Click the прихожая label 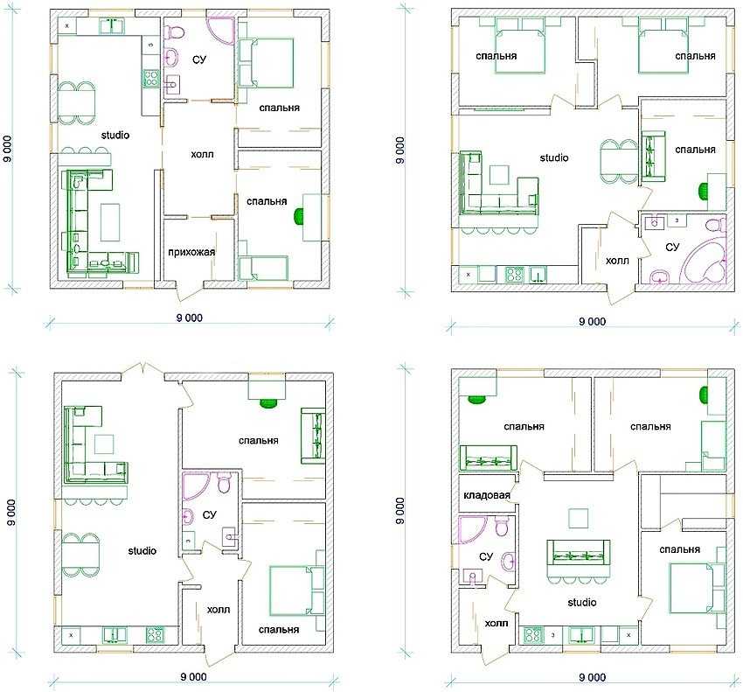191,252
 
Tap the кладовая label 487,495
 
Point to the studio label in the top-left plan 115,136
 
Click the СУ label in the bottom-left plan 209,514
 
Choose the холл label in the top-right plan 617,261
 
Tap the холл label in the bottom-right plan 496,623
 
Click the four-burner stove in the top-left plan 150,78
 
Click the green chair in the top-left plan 299,217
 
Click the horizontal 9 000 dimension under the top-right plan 593,322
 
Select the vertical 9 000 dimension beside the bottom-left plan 12,512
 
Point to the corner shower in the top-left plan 222,31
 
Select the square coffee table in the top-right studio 499,175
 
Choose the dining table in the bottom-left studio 80,555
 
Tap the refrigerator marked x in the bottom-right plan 628,634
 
